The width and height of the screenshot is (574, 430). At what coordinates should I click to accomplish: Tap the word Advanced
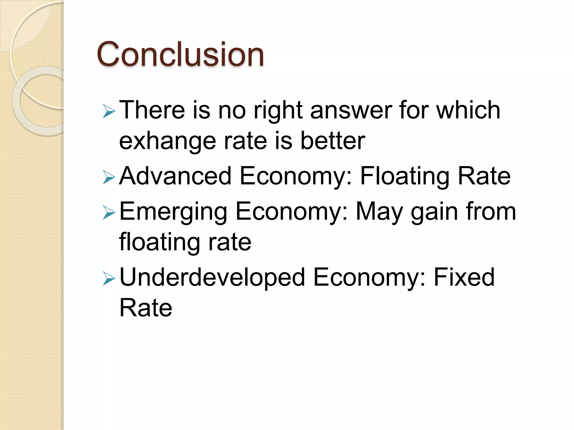[x=175, y=176]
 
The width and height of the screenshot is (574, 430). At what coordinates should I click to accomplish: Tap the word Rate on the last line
[x=146, y=308]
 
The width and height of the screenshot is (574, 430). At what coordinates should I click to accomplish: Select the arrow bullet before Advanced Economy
[x=109, y=177]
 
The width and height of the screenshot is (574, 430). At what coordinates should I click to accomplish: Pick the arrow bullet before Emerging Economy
[x=109, y=213]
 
